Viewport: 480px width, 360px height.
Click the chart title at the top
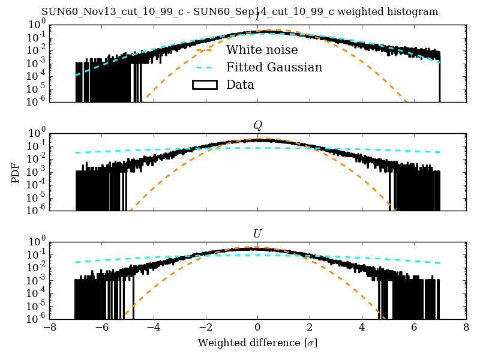coord(239,12)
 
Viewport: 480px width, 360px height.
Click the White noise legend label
coord(262,50)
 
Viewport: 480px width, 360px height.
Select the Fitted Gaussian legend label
coord(274,67)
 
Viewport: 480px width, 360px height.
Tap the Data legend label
coord(240,85)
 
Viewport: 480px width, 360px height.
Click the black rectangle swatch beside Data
coord(204,85)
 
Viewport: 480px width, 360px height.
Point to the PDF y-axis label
coord(16,172)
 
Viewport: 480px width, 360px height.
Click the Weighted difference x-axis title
coord(257,343)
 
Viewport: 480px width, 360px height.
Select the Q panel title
coord(257,125)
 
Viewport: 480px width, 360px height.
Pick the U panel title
coord(257,233)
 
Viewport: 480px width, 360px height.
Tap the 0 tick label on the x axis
coord(258,328)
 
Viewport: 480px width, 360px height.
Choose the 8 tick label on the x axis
coord(466,328)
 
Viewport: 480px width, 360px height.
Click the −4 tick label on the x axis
coord(153,328)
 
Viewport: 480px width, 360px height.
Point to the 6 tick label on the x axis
coord(414,328)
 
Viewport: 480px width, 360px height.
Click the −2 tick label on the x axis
coord(205,328)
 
